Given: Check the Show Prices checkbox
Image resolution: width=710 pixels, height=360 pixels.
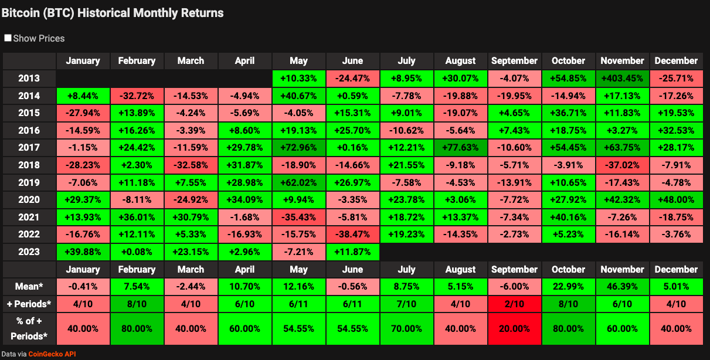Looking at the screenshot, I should tap(8, 38).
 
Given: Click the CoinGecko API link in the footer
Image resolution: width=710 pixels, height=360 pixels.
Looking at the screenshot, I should tap(52, 354).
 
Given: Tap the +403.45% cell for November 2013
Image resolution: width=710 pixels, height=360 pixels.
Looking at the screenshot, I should tap(622, 78).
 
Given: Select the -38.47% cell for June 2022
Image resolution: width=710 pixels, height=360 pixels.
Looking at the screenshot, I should tap(352, 234).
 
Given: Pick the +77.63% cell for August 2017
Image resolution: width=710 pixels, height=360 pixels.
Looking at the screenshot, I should tap(460, 147).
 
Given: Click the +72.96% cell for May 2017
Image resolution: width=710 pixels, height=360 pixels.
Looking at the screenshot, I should tap(298, 147).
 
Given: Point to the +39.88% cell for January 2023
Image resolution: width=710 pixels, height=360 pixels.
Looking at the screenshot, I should tap(83, 252).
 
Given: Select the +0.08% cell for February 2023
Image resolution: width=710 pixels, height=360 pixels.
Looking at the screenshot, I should tap(137, 252).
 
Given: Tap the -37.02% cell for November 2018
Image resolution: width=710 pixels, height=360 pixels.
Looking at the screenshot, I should tap(622, 165).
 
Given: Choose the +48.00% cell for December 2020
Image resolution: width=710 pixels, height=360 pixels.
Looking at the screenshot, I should tap(676, 199).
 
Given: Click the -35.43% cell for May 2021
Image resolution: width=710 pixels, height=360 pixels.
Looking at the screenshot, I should tap(298, 217).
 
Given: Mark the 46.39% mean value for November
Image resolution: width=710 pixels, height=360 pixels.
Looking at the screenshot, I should tap(622, 287).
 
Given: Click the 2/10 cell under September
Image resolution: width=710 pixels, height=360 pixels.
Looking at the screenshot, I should tap(514, 305).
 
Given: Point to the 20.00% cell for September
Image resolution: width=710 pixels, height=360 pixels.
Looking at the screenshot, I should tap(514, 329).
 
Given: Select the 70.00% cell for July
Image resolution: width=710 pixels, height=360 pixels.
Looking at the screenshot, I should tap(406, 329).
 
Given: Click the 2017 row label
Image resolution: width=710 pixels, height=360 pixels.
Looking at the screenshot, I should tap(29, 147).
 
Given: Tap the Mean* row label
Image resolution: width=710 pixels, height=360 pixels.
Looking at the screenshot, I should tap(29, 287).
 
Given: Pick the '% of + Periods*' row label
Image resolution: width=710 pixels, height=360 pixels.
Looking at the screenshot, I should tap(29, 329).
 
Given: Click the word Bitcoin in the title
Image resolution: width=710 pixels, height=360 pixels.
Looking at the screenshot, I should tap(20, 12).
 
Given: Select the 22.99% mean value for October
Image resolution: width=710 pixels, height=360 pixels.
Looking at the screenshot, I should tap(568, 287).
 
